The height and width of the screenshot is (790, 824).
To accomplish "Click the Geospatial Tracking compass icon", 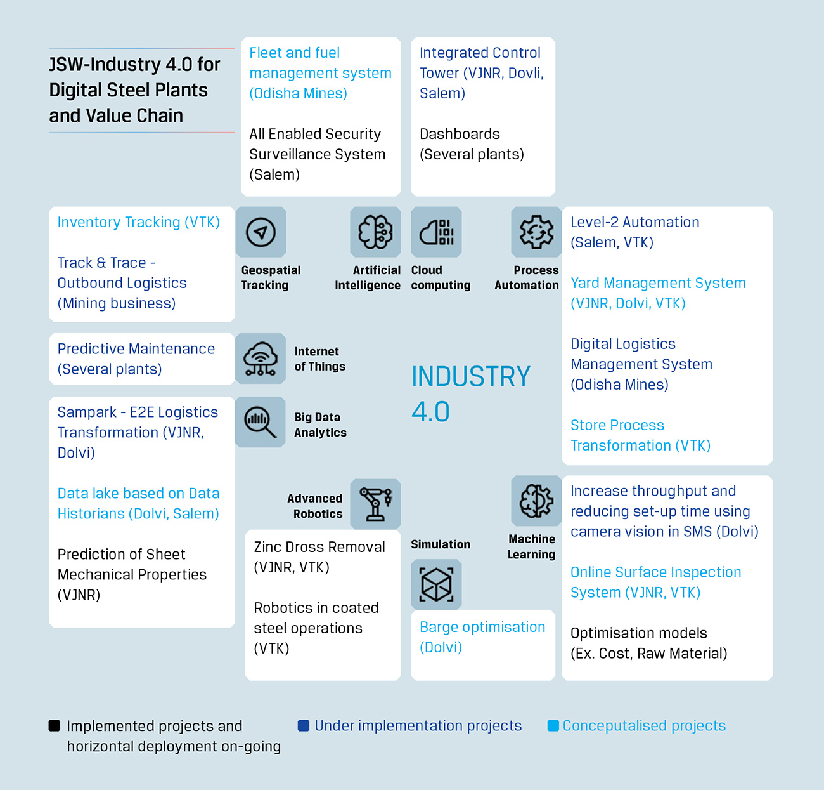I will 261,232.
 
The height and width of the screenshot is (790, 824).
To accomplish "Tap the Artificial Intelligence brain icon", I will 375,232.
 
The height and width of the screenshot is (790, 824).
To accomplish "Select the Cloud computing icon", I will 436,232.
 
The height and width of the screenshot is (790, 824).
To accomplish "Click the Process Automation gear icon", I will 536,232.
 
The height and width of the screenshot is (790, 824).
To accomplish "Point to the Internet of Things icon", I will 260,359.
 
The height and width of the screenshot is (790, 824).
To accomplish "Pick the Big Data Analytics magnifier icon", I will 260,422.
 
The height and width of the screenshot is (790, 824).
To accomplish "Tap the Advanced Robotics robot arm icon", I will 375,504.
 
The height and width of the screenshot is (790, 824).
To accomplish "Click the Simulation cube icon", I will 436,584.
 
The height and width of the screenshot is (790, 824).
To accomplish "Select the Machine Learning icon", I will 536,501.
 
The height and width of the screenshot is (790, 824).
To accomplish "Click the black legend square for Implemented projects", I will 55,726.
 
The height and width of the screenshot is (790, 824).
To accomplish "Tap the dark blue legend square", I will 303,725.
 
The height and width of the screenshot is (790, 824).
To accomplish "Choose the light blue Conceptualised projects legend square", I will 553,725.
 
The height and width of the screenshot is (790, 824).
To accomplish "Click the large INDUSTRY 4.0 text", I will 470,393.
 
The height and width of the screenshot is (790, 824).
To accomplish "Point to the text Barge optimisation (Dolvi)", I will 482,637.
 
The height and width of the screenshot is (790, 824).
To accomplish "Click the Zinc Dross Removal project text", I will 319,556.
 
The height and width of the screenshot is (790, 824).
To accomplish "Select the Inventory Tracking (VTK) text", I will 138,222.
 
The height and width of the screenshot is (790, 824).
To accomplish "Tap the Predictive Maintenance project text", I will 136,359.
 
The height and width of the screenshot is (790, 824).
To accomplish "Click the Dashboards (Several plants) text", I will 472,144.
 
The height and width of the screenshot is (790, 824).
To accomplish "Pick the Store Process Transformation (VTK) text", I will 640,435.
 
